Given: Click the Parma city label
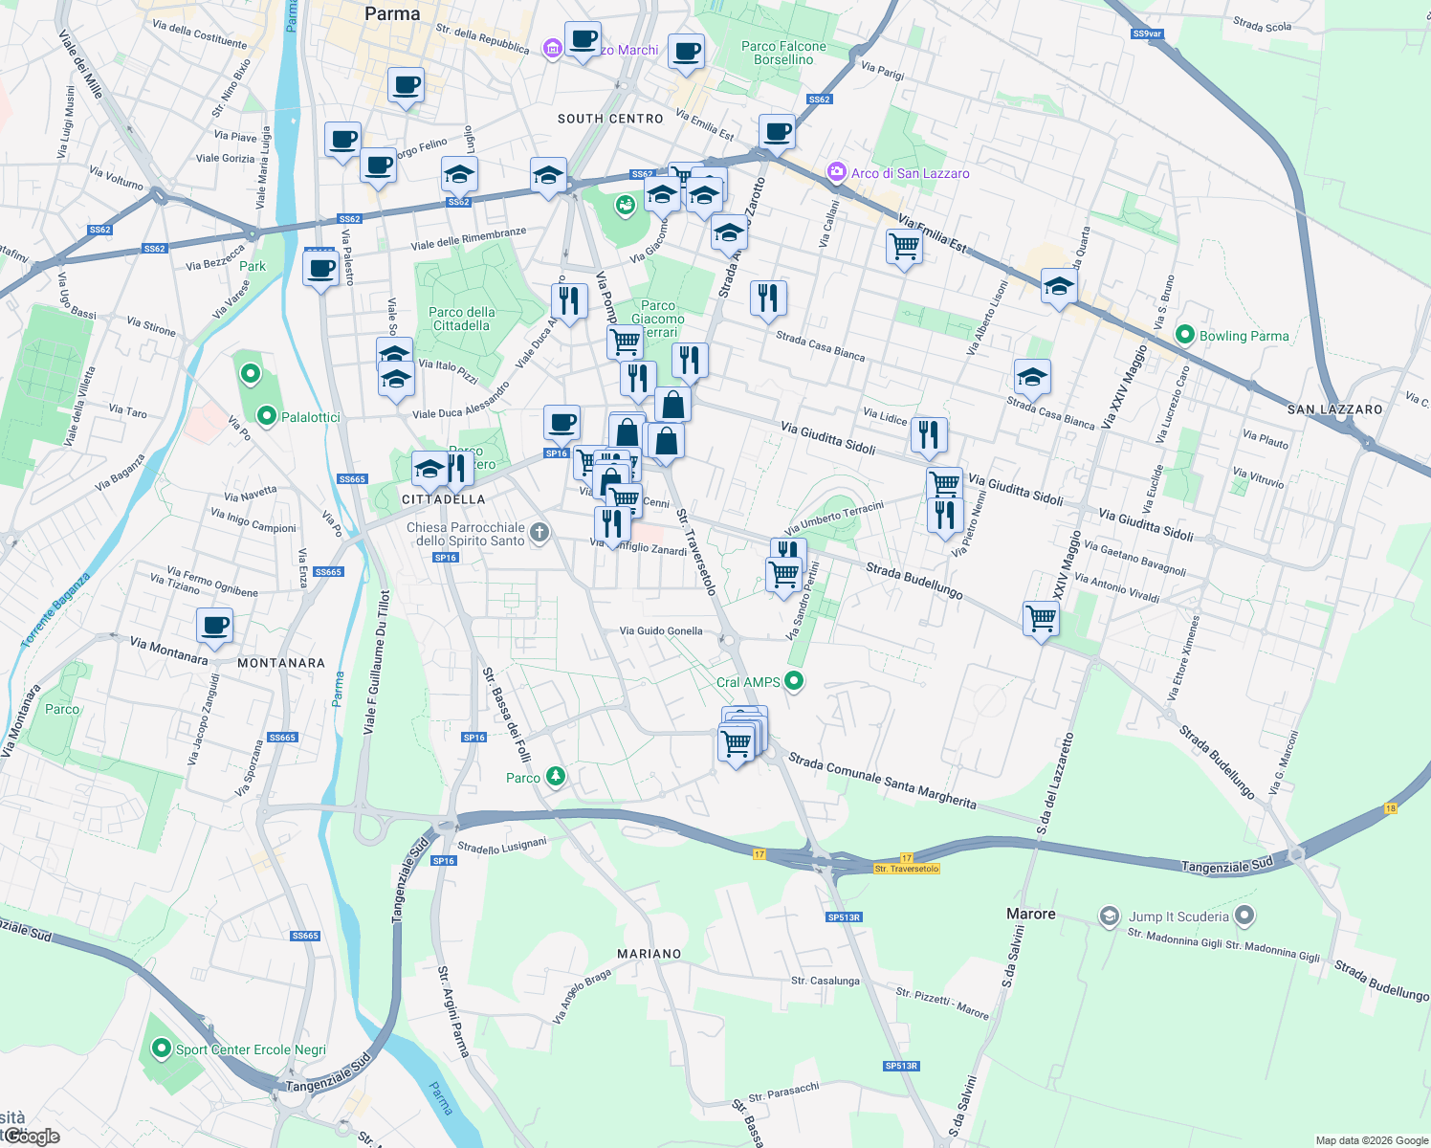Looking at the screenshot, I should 392,14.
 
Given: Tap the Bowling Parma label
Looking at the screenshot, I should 1244,336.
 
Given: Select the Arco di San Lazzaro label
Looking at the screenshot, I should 910,173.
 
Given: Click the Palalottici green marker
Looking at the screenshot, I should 267,416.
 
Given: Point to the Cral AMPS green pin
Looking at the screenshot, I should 793,681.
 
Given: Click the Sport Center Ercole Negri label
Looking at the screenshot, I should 251,1049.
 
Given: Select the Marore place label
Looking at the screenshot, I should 1031,914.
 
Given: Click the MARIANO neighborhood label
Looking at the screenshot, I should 649,954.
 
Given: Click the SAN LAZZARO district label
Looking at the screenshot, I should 1334,409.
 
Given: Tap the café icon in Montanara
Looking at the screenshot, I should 215,627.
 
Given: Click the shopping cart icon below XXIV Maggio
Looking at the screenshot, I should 1041,619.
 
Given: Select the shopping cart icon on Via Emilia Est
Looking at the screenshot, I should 904,248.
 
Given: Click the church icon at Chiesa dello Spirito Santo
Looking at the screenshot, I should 539,533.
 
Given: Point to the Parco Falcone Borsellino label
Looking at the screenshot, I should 783,53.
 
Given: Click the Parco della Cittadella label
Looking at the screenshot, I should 462,319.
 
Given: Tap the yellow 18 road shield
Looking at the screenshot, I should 1390,808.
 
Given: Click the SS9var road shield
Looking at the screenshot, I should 1146,33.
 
